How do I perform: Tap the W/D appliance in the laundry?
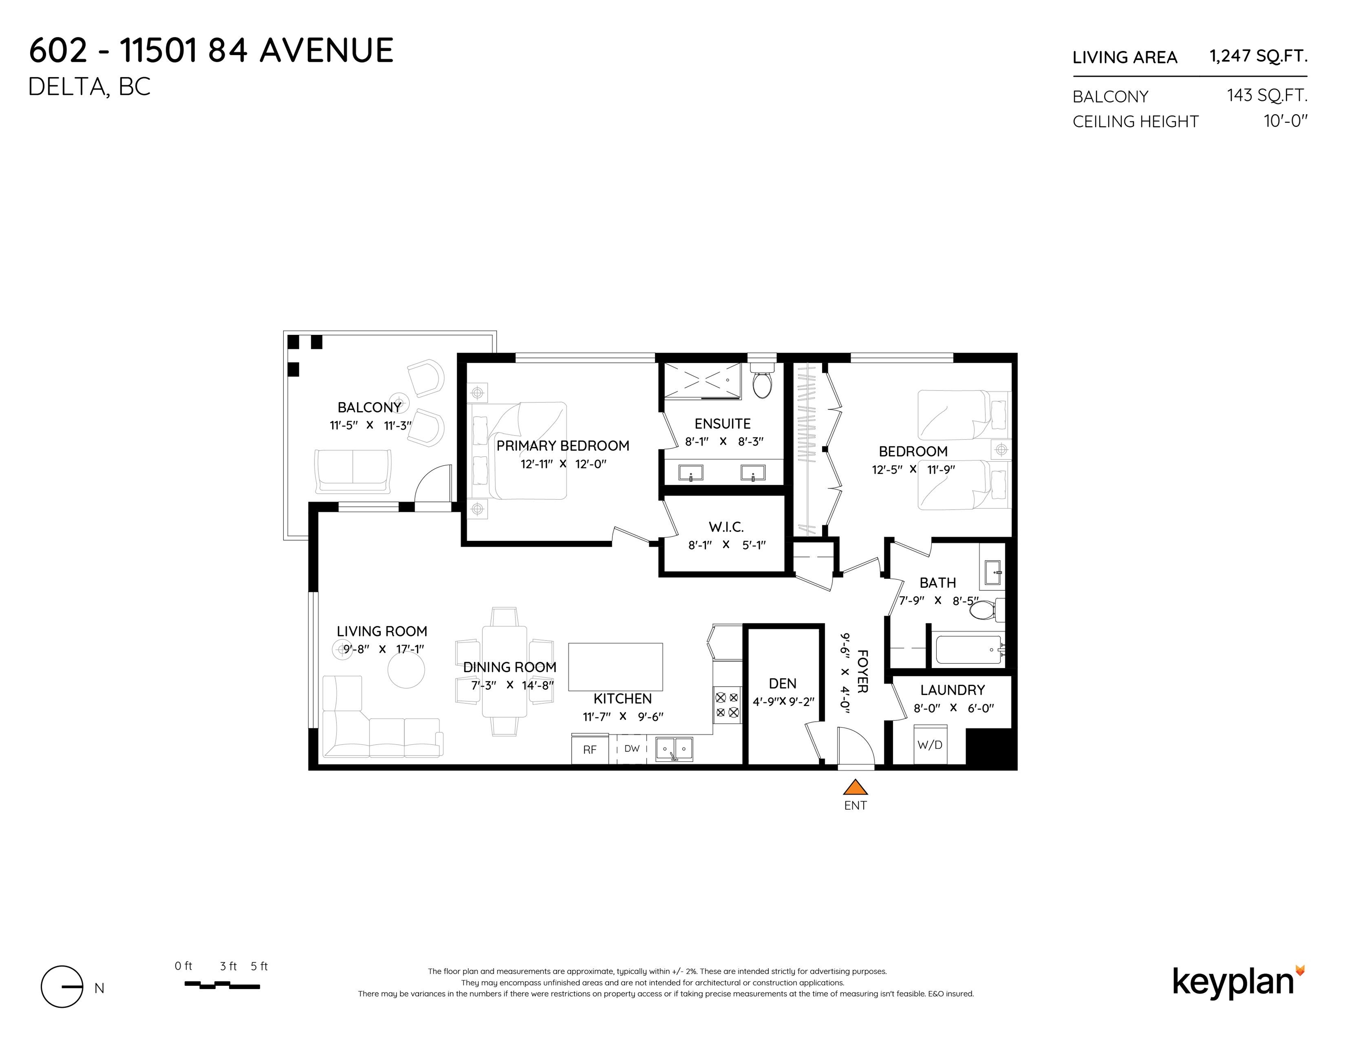(930, 745)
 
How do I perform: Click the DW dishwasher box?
(632, 748)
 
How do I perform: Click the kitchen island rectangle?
(615, 667)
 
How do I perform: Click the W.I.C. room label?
(726, 527)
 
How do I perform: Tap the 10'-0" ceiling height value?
(1285, 121)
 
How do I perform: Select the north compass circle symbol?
(61, 986)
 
